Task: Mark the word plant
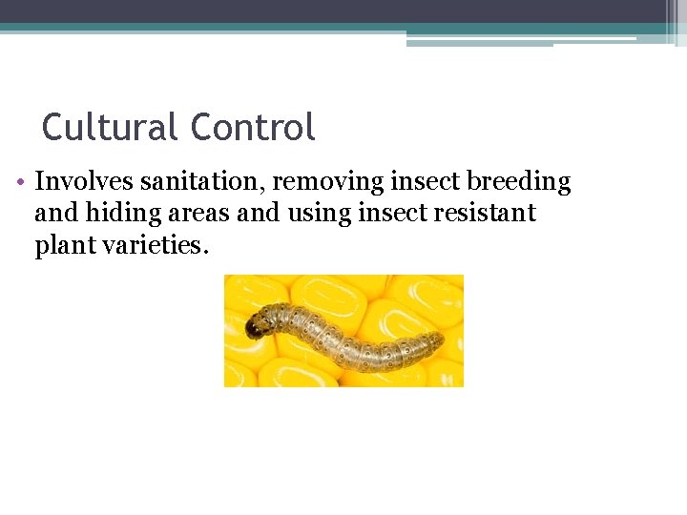[61, 246]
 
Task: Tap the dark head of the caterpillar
[256, 327]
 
